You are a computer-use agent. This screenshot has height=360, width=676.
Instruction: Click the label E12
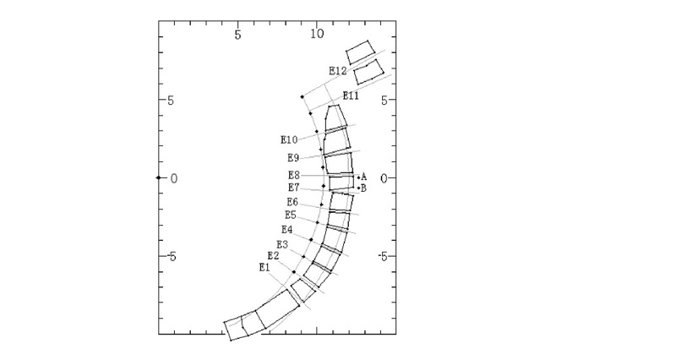coord(337,71)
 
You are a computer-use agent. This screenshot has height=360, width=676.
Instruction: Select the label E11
coord(351,95)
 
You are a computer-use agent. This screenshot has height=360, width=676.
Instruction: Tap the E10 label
coord(289,139)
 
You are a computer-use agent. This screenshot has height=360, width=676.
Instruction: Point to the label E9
coord(293,158)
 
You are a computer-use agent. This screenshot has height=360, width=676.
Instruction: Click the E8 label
coord(293,176)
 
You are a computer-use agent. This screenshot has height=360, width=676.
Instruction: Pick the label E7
coord(293,188)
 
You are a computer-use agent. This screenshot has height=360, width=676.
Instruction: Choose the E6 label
coord(292,202)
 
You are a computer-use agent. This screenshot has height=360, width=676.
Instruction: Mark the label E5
coord(291,215)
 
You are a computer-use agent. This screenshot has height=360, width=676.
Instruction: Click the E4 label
coord(287,230)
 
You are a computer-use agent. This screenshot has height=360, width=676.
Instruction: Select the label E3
coord(282,245)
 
